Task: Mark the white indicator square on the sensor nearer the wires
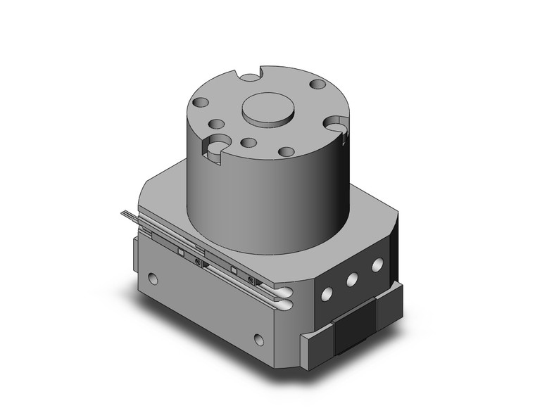(181, 251)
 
